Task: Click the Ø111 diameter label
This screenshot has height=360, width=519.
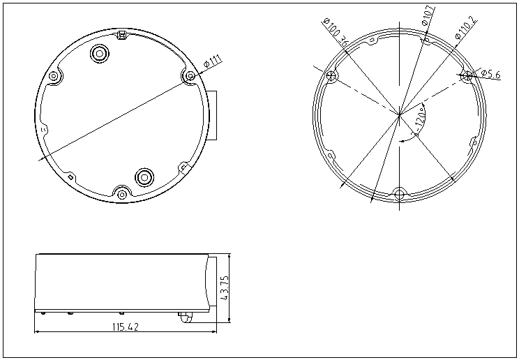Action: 213,61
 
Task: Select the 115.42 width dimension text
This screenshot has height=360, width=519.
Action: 126,327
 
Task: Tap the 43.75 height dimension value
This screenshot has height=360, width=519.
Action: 224,288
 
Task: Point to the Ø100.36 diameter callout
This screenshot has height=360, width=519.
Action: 336,33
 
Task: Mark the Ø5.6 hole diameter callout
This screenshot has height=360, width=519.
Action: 491,74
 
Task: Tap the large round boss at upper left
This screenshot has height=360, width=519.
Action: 100,53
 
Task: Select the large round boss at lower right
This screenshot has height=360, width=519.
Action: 144,177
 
